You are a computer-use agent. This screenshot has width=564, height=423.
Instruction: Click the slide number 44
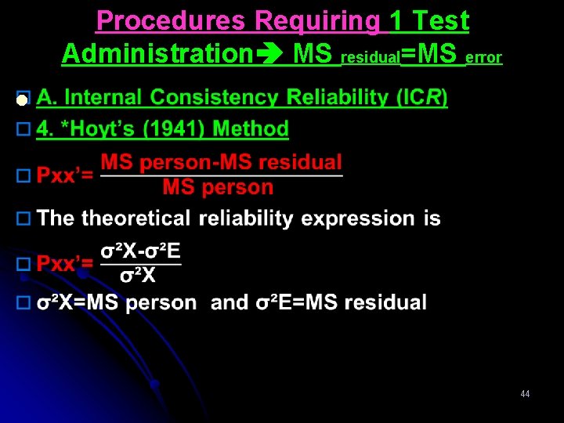(525, 394)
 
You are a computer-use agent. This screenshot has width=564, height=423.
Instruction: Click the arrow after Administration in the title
(269, 55)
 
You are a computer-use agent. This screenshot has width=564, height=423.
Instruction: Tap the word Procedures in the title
(172, 21)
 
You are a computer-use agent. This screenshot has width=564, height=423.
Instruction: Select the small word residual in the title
(371, 58)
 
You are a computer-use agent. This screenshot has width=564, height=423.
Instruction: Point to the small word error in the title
(484, 58)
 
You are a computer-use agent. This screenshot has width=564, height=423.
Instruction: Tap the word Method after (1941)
(250, 128)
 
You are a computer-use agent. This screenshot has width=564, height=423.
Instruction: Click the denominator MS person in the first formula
(218, 187)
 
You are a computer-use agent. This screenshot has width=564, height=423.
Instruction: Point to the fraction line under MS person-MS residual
(222, 175)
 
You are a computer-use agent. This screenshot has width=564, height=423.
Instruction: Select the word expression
(352, 219)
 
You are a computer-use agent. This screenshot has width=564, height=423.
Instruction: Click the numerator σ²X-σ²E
(140, 251)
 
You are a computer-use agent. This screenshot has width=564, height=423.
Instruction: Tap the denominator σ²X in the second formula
(138, 275)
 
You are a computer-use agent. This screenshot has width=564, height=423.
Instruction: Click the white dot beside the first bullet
(22, 100)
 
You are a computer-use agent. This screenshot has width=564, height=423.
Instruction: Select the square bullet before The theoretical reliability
(23, 219)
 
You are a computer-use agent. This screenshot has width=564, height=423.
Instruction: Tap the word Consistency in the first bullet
(216, 98)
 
